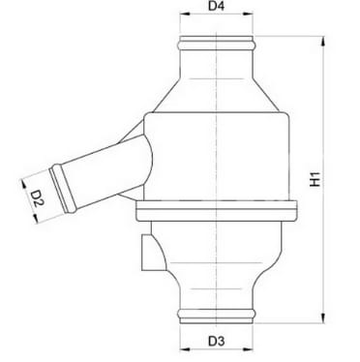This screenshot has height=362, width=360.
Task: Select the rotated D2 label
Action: [36, 200]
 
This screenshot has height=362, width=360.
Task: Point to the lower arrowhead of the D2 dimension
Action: [36, 220]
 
